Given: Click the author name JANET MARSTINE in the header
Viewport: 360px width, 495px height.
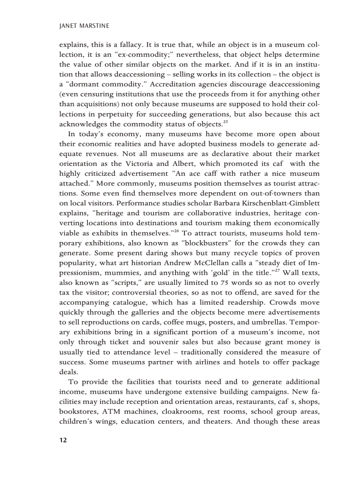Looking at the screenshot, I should (84, 26).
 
